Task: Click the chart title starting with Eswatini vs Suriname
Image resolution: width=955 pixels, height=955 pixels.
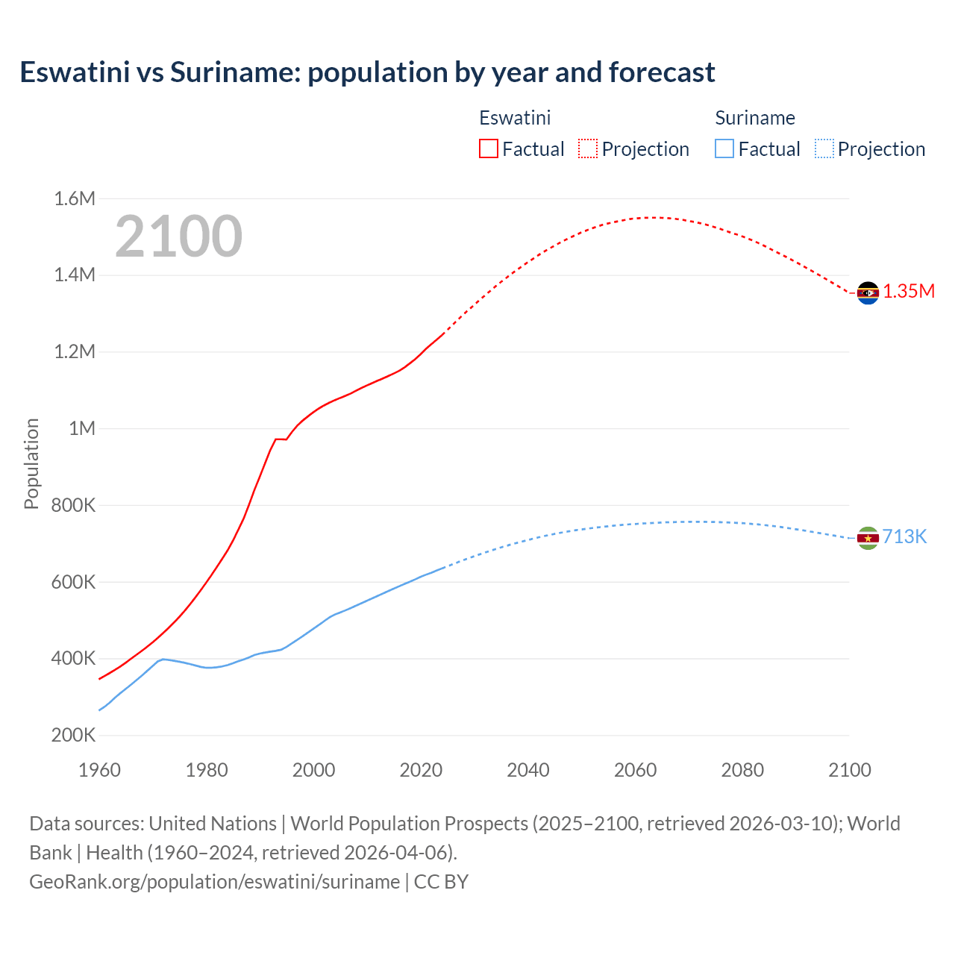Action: click(367, 72)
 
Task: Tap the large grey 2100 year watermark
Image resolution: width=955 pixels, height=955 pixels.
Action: click(178, 237)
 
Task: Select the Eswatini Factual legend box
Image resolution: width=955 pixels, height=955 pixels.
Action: click(489, 148)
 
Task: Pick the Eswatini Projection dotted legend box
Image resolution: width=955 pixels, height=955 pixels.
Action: click(588, 148)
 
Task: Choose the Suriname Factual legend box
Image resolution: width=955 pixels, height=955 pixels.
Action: click(724, 148)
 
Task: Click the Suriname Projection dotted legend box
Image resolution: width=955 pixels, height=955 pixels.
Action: click(824, 148)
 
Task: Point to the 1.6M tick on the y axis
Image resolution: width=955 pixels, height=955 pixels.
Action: click(75, 198)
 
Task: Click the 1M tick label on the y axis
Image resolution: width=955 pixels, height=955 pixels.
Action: click(82, 428)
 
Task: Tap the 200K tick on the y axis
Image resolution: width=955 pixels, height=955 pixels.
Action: click(73, 735)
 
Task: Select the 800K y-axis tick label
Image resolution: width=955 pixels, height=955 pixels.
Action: click(73, 505)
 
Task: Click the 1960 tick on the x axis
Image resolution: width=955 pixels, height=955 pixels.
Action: click(99, 770)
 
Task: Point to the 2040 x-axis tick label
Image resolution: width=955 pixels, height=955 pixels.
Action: click(528, 770)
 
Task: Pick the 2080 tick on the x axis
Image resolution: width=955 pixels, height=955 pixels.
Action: click(742, 770)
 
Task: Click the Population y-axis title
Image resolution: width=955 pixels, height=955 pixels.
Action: click(31, 463)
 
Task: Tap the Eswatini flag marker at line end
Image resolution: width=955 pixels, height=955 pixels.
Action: click(868, 293)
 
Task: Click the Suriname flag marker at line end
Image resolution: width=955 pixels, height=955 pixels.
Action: click(868, 538)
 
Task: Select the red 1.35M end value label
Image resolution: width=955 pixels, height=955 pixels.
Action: click(909, 291)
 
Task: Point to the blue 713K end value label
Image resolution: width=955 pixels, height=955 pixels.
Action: click(904, 537)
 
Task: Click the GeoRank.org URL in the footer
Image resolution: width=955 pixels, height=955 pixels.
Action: click(215, 881)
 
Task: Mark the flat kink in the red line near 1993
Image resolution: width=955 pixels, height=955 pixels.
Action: click(281, 439)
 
